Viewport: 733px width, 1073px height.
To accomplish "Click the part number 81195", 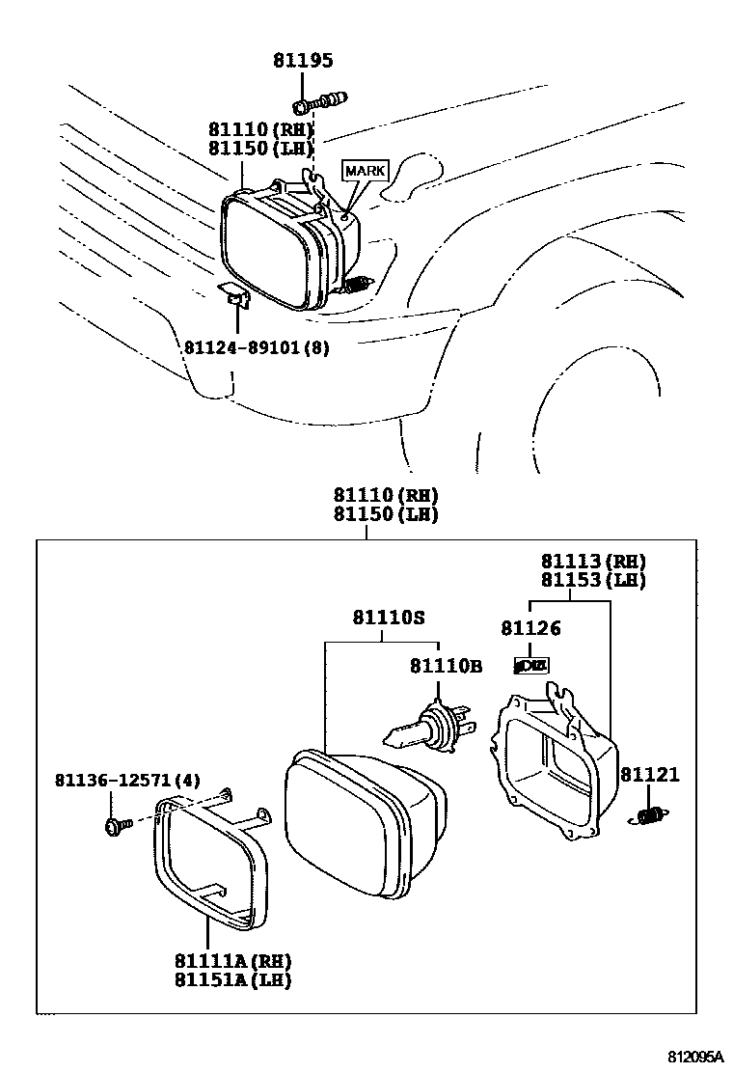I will pyautogui.click(x=302, y=61).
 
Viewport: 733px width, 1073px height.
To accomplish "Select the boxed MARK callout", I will pyautogui.click(x=365, y=171).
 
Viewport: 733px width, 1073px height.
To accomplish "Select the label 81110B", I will pyautogui.click(x=445, y=665).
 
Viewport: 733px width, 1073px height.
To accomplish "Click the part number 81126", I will pyautogui.click(x=530, y=628).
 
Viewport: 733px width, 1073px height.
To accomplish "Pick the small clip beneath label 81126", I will pyautogui.click(x=531, y=665).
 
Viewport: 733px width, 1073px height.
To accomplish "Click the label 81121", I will pyautogui.click(x=649, y=774).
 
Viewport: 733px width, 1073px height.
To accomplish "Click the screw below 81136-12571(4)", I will pyautogui.click(x=113, y=825).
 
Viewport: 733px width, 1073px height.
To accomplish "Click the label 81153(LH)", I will pyautogui.click(x=592, y=580).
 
